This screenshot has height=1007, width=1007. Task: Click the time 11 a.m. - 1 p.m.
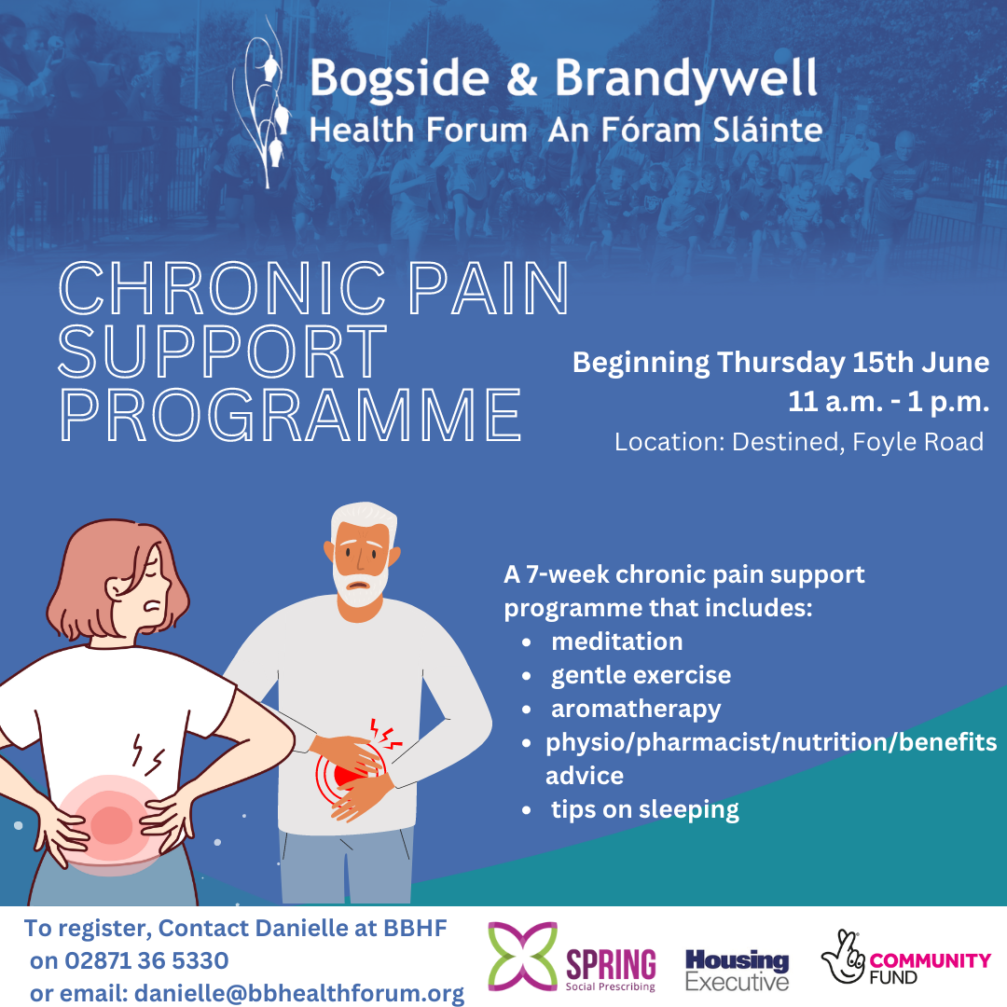(889, 404)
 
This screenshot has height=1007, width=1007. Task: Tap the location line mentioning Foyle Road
(799, 442)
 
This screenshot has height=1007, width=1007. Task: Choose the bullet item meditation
(616, 641)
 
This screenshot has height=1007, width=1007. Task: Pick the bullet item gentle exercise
(641, 675)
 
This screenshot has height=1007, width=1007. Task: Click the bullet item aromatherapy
(636, 709)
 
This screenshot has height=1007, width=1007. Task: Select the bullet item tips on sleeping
(644, 809)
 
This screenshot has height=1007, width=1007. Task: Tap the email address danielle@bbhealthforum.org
(299, 994)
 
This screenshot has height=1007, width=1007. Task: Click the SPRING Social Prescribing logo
(572, 959)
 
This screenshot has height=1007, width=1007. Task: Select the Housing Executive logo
(737, 970)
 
